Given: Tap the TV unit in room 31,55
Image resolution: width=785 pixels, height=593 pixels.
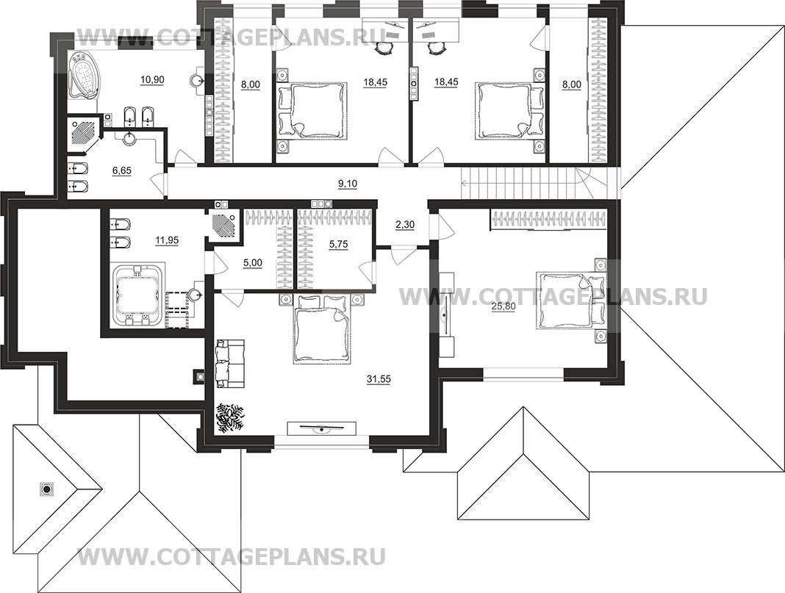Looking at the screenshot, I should [x=321, y=428].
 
